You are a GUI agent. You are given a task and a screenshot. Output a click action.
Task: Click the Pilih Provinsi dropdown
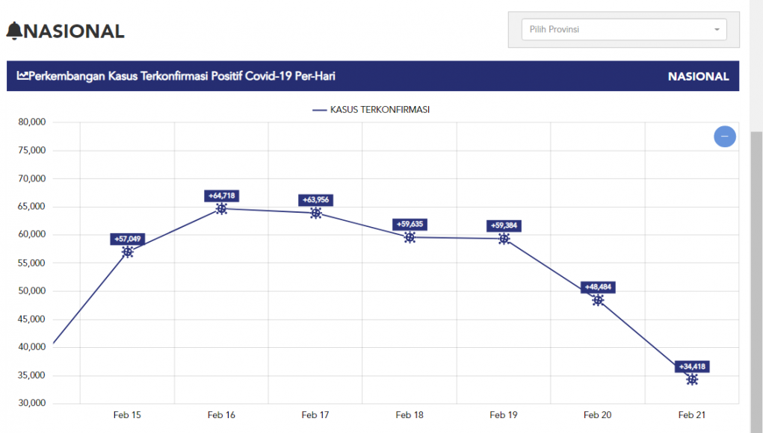coord(623,30)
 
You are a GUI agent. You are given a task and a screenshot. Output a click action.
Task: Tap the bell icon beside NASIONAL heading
coord(14,31)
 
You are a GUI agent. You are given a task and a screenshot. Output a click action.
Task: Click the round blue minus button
coord(724,137)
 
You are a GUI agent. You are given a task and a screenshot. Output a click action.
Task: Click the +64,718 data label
coord(221,196)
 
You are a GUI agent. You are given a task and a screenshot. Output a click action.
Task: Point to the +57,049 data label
coord(127,239)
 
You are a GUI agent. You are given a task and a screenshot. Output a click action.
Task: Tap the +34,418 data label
coord(692,367)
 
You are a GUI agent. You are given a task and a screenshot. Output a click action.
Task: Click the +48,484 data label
coord(598,287)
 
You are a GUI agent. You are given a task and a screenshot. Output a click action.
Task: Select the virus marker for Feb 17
coord(316,214)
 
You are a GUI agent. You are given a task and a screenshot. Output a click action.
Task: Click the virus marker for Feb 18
coord(410,237)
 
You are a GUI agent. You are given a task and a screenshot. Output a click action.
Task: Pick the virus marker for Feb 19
coord(504,239)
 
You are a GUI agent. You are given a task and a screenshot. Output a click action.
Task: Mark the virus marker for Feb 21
coord(692,379)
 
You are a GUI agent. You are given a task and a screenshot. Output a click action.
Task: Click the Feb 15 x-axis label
coord(127,414)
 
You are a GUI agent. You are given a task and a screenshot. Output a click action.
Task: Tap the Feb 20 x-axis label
coord(598,414)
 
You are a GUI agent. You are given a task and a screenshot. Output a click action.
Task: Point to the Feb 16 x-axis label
coord(221,414)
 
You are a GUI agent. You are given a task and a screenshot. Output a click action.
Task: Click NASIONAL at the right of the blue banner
coord(698,76)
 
